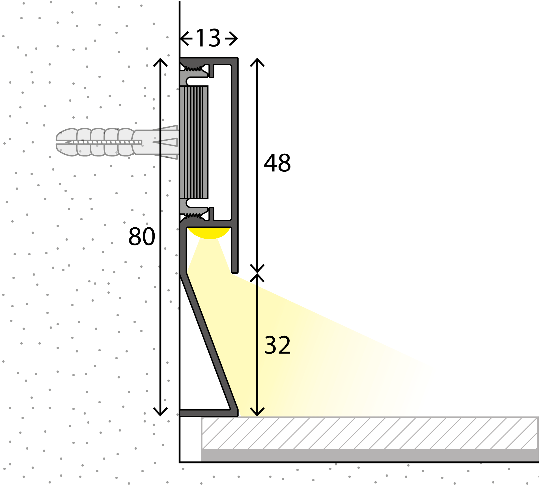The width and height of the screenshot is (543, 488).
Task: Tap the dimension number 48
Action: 277,163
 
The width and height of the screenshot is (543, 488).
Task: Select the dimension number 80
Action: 141,236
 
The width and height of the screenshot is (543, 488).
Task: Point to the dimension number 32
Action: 277,345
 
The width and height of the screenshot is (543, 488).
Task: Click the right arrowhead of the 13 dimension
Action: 234,38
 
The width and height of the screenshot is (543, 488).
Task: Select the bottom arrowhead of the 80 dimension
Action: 160,412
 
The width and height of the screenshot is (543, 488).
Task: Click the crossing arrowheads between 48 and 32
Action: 257,273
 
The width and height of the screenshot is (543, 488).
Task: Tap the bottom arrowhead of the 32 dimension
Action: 257,412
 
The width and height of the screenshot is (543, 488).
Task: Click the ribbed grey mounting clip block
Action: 194,142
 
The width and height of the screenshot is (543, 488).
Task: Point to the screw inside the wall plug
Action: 105,142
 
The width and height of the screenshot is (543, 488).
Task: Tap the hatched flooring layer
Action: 368,433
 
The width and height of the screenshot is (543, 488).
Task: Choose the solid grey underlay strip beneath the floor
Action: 368,455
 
